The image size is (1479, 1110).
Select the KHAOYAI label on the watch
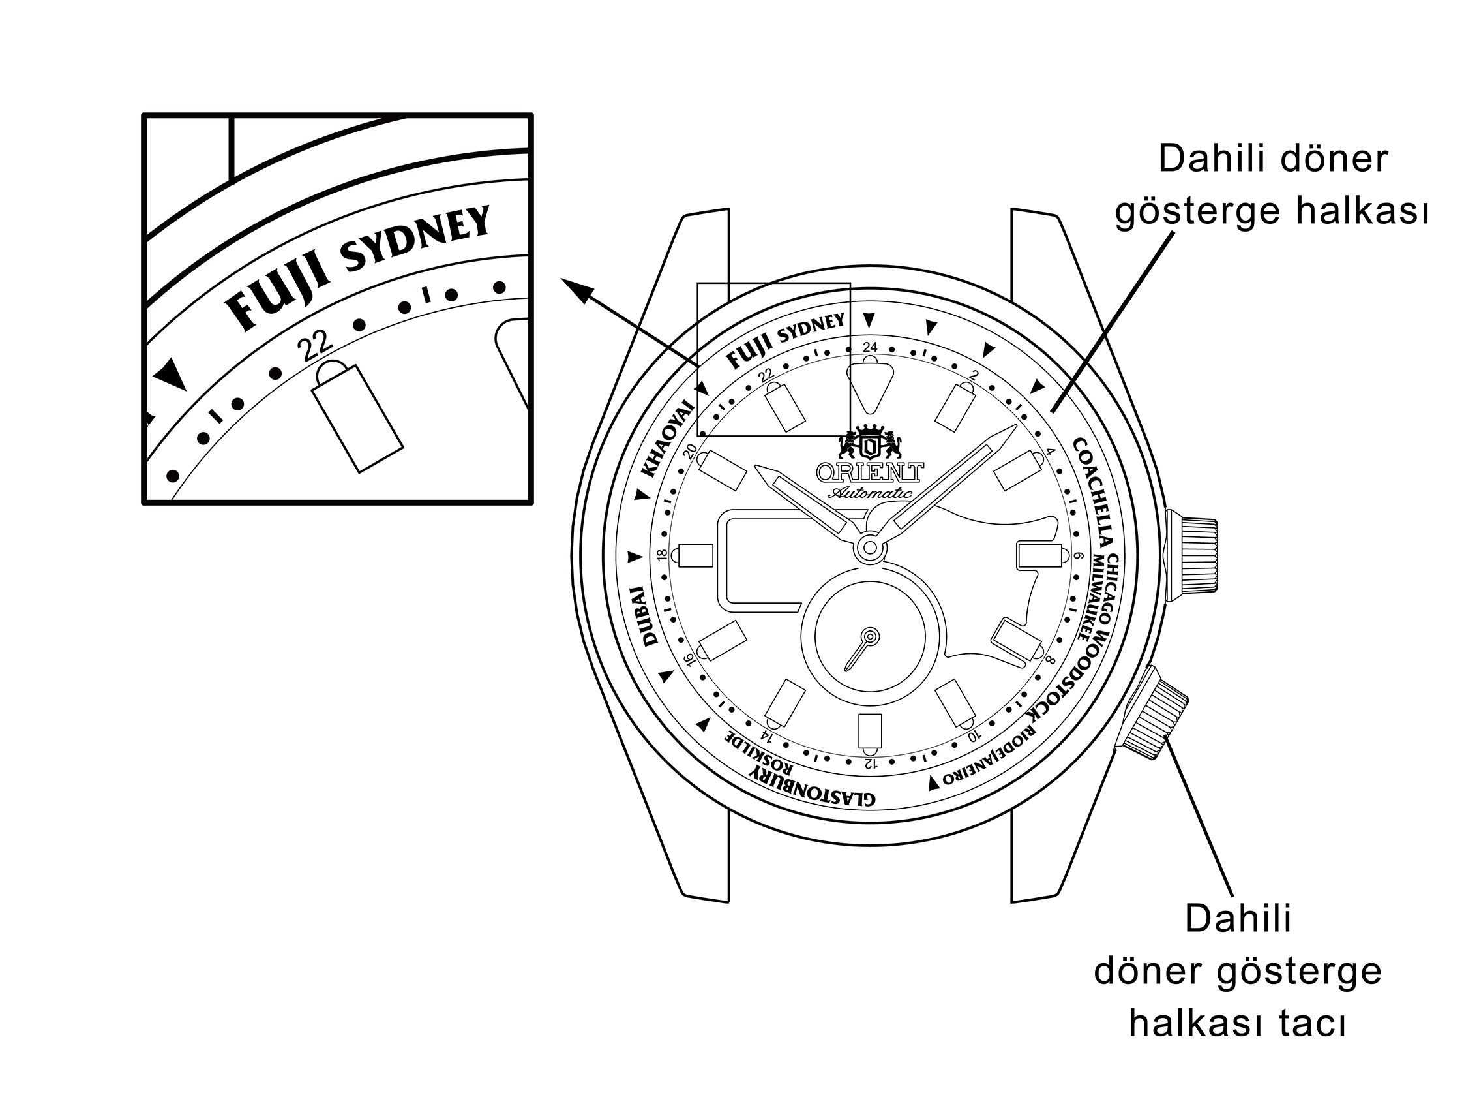tap(666, 439)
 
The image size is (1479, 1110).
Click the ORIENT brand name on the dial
tap(870, 472)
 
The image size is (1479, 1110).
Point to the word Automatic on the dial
tap(870, 493)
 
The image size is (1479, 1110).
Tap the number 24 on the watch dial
tap(870, 347)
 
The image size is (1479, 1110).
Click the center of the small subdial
tap(870, 635)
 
